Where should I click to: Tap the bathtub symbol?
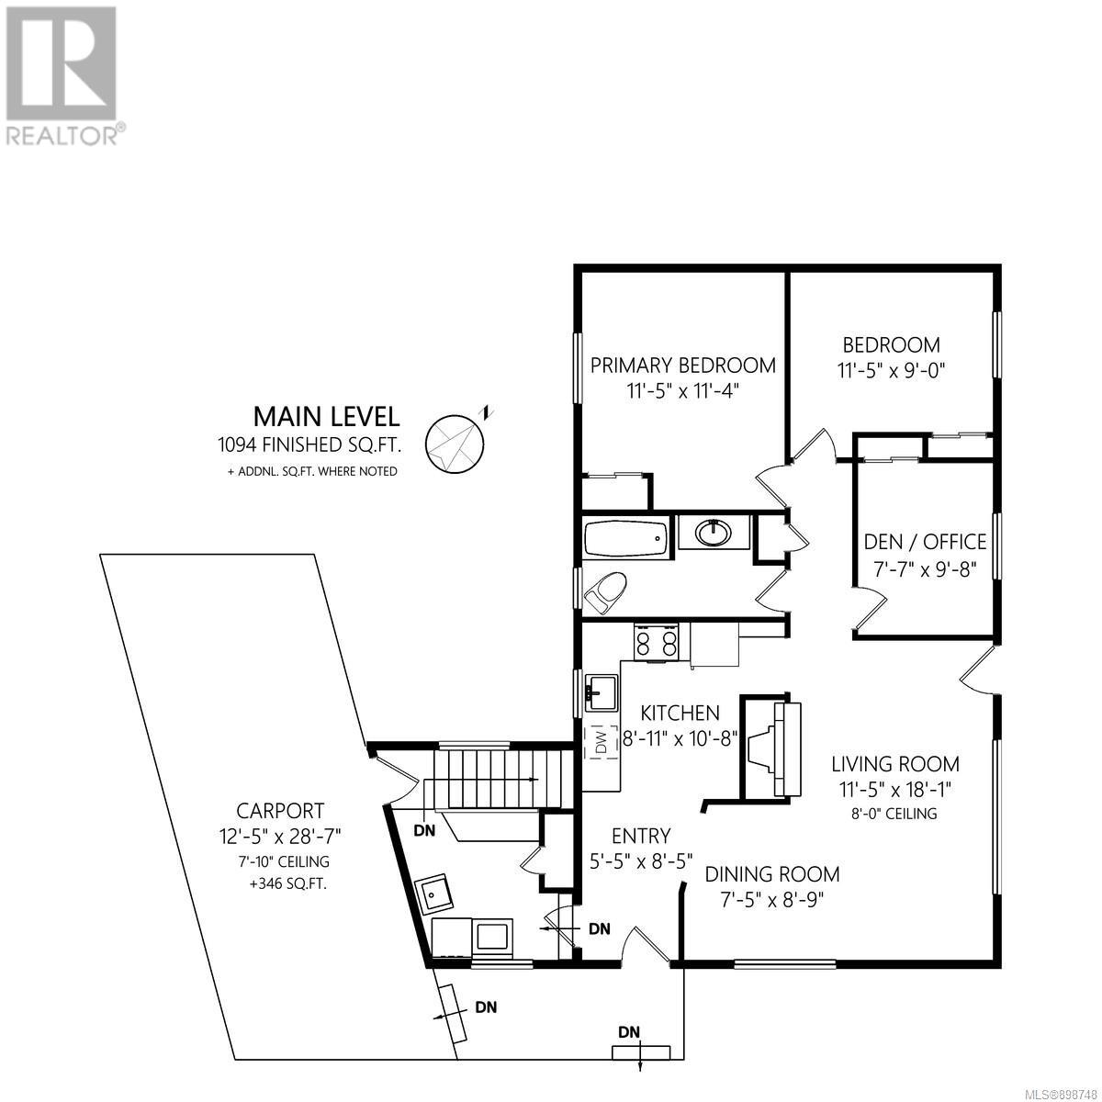click(625, 538)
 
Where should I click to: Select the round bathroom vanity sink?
click(713, 533)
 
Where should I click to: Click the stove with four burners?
click(656, 642)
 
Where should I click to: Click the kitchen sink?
click(602, 692)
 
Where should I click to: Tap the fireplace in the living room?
click(770, 747)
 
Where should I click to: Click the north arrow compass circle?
click(454, 444)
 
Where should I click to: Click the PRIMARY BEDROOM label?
click(683, 365)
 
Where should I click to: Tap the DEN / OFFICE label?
click(925, 542)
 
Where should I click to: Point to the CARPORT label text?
click(280, 810)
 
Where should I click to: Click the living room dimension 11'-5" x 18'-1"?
click(895, 790)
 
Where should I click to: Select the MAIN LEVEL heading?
click(326, 417)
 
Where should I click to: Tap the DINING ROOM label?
click(772, 874)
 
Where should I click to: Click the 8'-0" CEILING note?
click(894, 814)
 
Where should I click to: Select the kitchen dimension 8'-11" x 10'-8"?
click(680, 739)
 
